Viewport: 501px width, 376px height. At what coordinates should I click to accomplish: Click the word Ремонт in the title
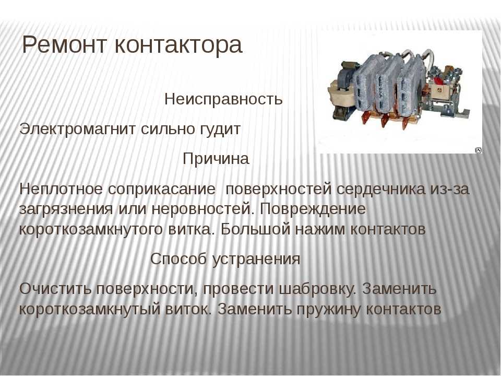(x=64, y=45)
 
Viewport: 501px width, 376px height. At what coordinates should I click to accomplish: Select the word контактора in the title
(x=178, y=45)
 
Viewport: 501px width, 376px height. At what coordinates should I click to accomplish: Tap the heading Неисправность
(x=223, y=99)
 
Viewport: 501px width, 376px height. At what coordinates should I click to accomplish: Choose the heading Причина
(x=216, y=159)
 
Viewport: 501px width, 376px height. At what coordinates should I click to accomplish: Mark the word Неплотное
(x=61, y=189)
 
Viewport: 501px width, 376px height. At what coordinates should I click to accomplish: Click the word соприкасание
(x=162, y=189)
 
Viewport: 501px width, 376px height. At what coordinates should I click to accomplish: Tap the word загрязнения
(x=66, y=210)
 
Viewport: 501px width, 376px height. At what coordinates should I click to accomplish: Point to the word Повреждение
(x=313, y=209)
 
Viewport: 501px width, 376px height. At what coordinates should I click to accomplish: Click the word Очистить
(x=55, y=289)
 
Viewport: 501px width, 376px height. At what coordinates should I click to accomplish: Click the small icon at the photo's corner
(x=479, y=150)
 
